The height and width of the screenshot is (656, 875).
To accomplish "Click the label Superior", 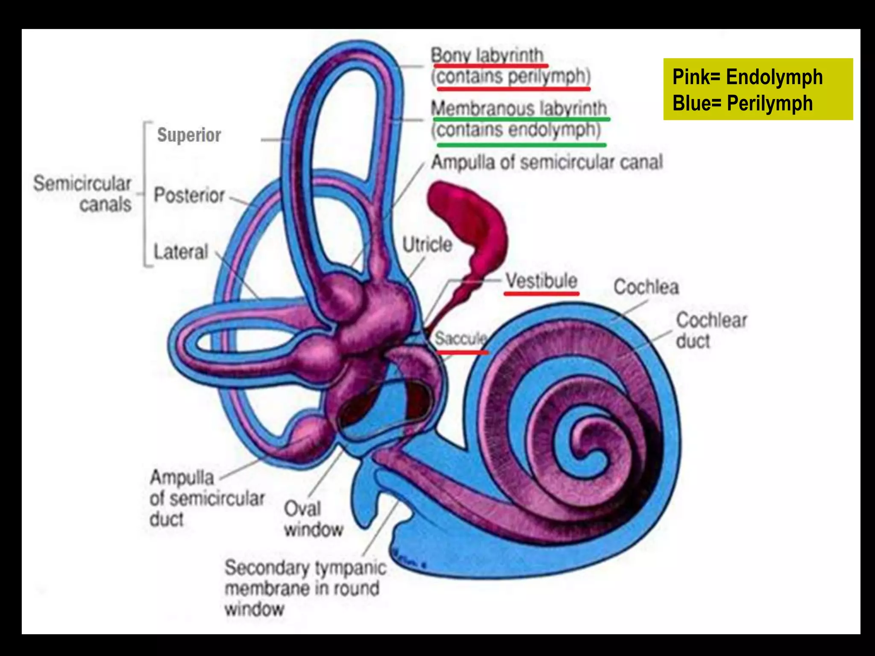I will point(189,135).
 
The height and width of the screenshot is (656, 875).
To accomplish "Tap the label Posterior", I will point(189,195).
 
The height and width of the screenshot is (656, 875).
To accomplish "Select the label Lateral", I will point(181,252).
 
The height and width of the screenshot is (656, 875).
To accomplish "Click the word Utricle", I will point(427,245).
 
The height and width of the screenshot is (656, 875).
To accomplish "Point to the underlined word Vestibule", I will point(541,281).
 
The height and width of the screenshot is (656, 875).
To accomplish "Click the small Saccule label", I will point(461,339).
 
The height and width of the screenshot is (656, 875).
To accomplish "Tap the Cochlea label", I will point(646,287).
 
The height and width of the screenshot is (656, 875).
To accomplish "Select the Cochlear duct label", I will point(711,330).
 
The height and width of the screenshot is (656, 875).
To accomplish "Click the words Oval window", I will point(313,519).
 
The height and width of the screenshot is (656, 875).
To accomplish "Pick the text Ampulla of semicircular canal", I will point(546,163).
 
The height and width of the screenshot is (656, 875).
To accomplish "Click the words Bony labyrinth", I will point(487,56).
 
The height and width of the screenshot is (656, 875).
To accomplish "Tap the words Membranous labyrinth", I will point(518,108).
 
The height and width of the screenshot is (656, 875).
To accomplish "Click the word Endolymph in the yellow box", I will point(774,77).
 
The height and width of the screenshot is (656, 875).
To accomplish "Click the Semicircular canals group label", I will point(82,193).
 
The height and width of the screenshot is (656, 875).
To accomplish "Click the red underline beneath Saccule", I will point(462,352).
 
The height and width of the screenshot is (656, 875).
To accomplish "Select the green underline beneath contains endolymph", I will point(521,145).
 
